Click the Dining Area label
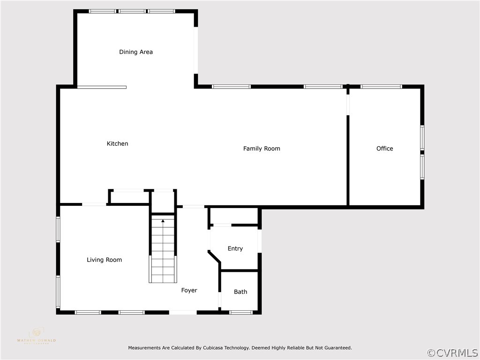[x=136, y=52]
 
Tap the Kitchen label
[x=117, y=144]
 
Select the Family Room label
[x=262, y=149]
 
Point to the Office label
[x=384, y=149]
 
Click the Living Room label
[x=104, y=260]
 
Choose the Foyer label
[x=189, y=291]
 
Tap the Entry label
[x=235, y=249]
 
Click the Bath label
[x=240, y=292]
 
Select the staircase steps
[x=163, y=253]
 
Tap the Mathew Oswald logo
[x=36, y=336]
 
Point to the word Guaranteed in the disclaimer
[x=336, y=348]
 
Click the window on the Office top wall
[x=381, y=87]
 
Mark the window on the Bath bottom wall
[x=241, y=312]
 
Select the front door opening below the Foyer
[x=183, y=312]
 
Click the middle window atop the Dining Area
[x=132, y=11]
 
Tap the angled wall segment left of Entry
[x=214, y=257]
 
